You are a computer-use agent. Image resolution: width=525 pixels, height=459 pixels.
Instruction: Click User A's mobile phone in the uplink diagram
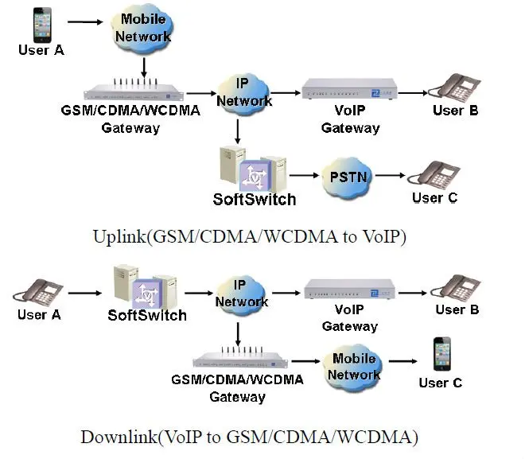pyautogui.click(x=41, y=25)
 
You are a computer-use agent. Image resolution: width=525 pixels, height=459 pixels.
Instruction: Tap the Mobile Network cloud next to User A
pyautogui.click(x=143, y=29)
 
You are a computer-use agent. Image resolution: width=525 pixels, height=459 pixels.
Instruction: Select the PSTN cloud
pyautogui.click(x=347, y=176)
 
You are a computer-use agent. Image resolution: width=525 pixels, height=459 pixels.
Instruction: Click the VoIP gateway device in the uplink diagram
pyautogui.click(x=350, y=93)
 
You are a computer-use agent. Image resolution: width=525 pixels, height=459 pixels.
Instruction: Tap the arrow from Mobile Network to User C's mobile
pyautogui.click(x=401, y=362)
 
